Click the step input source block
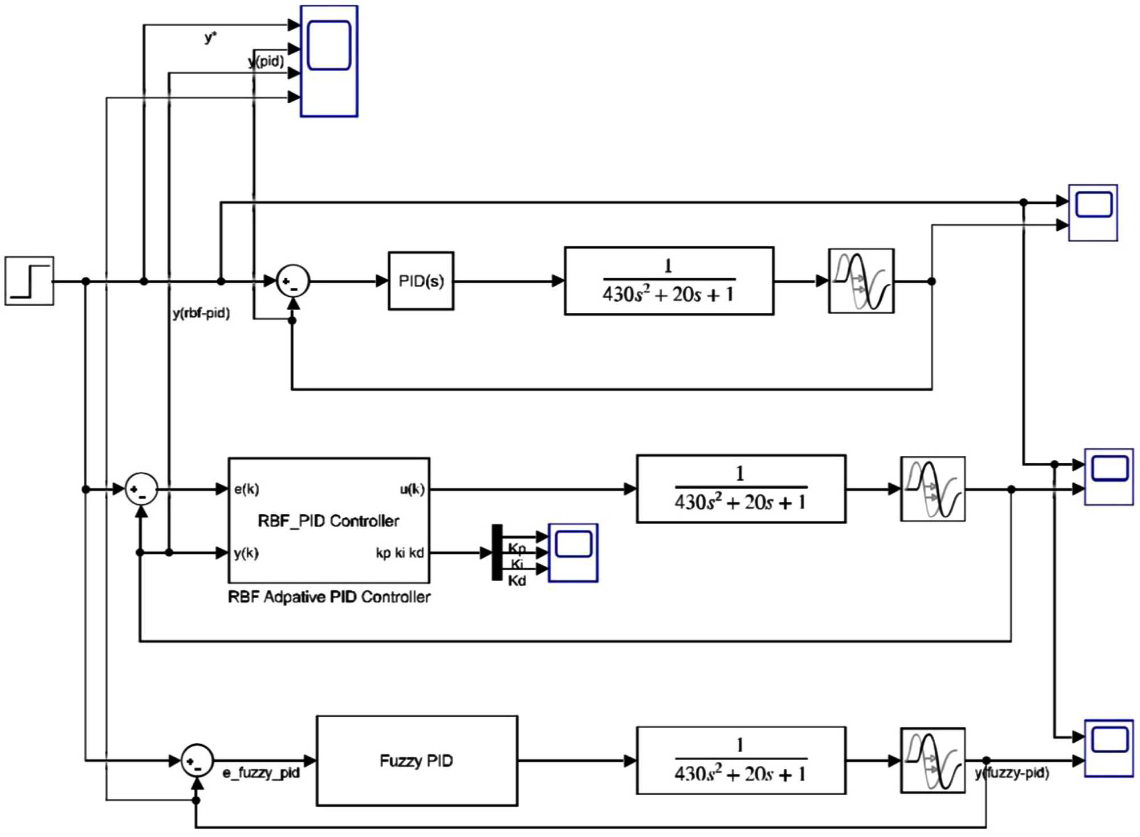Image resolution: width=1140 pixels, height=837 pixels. click(29, 281)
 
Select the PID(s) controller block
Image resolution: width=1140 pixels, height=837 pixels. click(421, 281)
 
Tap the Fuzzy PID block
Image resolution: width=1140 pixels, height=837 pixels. click(417, 761)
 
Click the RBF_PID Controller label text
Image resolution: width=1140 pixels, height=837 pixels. click(328, 521)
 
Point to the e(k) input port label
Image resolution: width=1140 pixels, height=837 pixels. click(246, 489)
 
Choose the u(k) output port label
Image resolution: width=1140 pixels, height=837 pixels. click(412, 489)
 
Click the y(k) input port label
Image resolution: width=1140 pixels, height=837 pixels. click(246, 553)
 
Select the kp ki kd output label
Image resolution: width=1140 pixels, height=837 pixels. click(400, 553)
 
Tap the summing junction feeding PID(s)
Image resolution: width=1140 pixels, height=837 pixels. click(292, 281)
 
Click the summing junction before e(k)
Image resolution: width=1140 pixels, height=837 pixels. click(141, 489)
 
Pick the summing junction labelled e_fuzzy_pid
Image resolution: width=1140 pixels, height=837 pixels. click(197, 761)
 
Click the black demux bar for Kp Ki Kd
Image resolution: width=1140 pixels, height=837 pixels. click(497, 553)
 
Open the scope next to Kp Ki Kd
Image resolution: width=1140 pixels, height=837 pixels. click(573, 553)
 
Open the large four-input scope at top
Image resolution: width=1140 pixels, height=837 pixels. click(329, 61)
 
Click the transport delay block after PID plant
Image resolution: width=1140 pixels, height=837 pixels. click(861, 281)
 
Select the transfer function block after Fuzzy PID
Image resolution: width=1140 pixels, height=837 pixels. click(740, 761)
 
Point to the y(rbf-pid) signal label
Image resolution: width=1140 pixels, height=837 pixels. click(201, 313)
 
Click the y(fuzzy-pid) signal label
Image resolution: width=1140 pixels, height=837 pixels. click(1012, 773)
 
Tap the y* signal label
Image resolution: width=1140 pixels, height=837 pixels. click(210, 38)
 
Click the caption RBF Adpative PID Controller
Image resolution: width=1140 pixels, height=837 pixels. click(329, 597)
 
